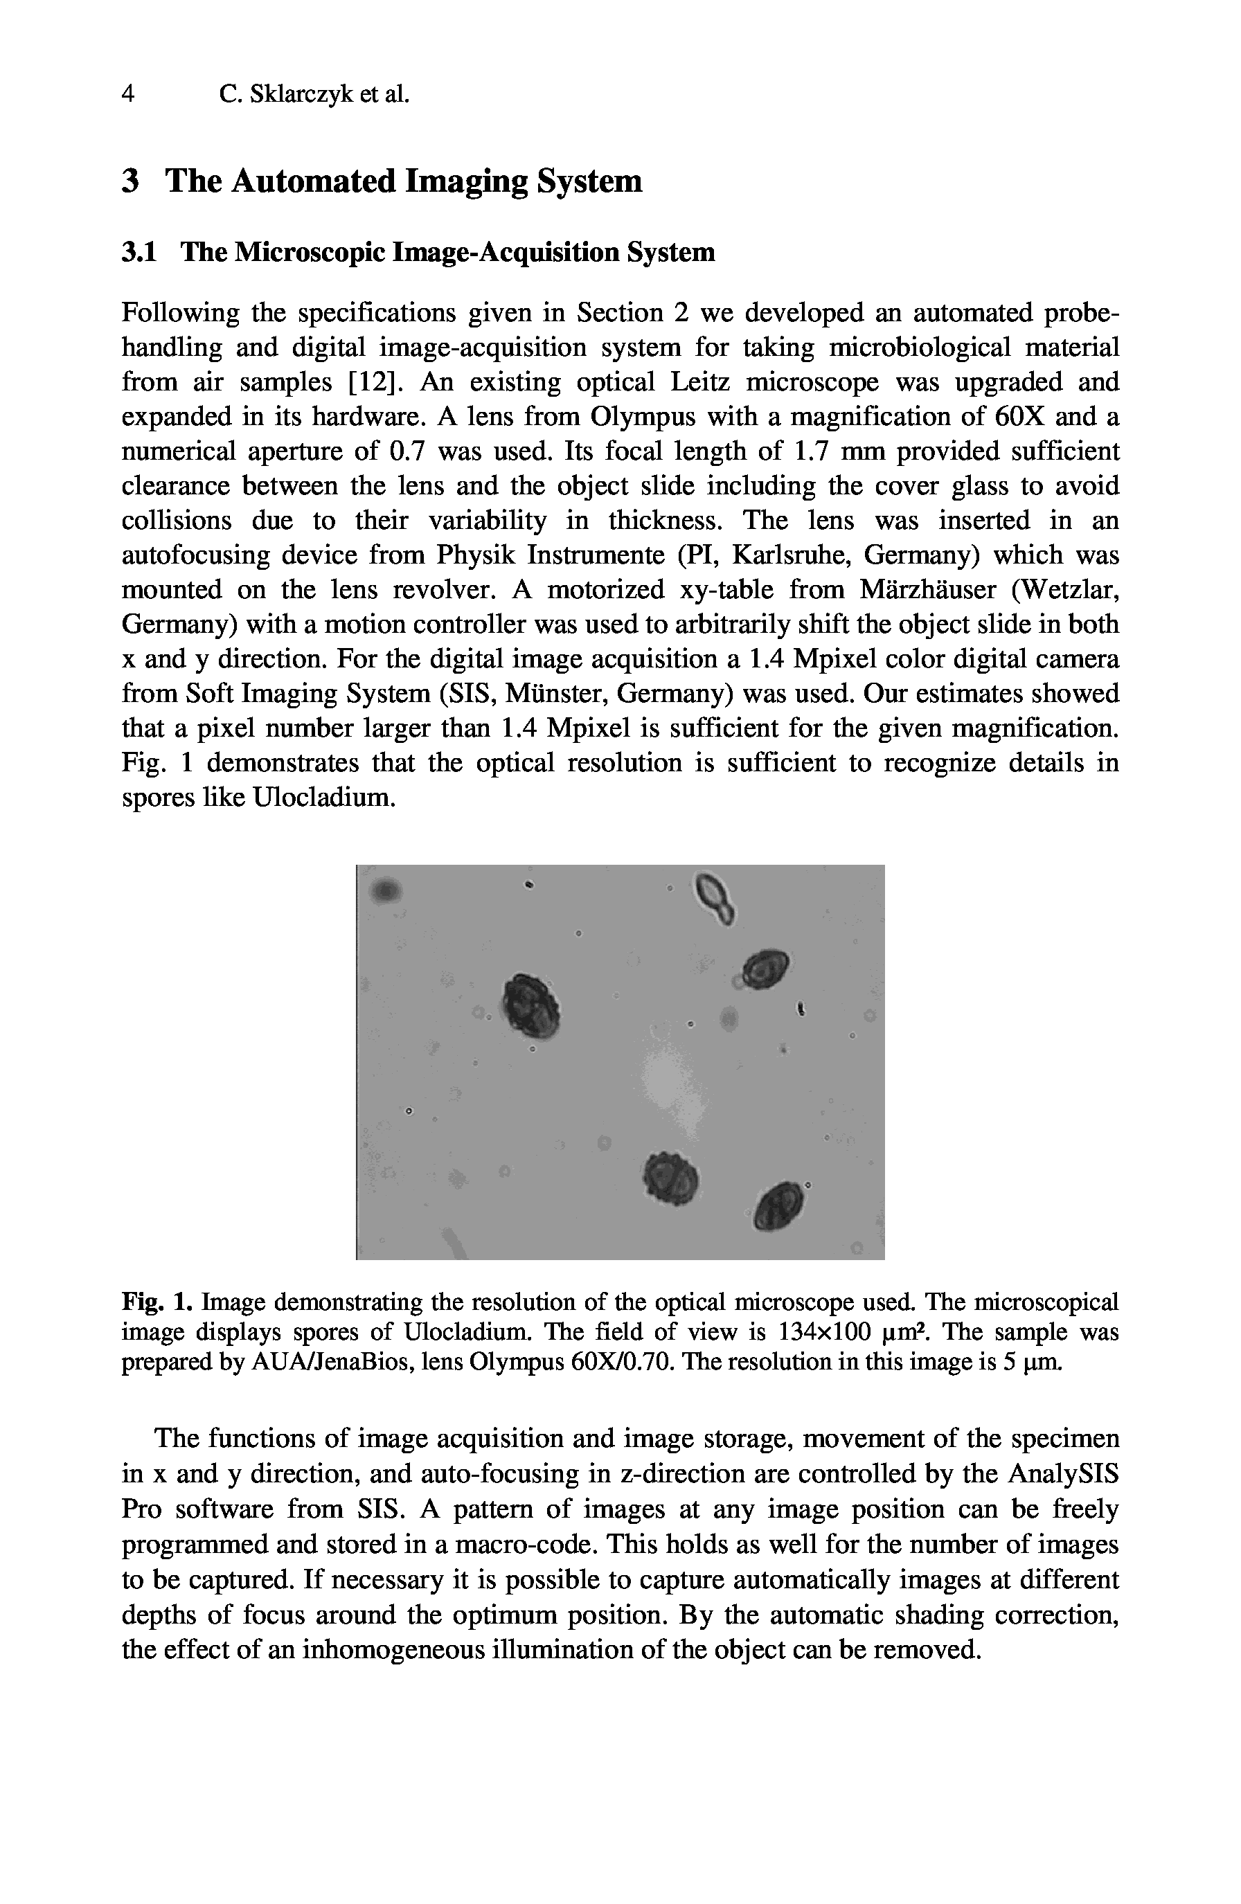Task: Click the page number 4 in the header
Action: click(x=128, y=94)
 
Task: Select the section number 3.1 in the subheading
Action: click(x=139, y=253)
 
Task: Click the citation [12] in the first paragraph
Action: click(x=375, y=382)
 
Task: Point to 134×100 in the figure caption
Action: click(x=823, y=1332)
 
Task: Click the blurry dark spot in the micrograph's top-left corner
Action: click(x=386, y=889)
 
